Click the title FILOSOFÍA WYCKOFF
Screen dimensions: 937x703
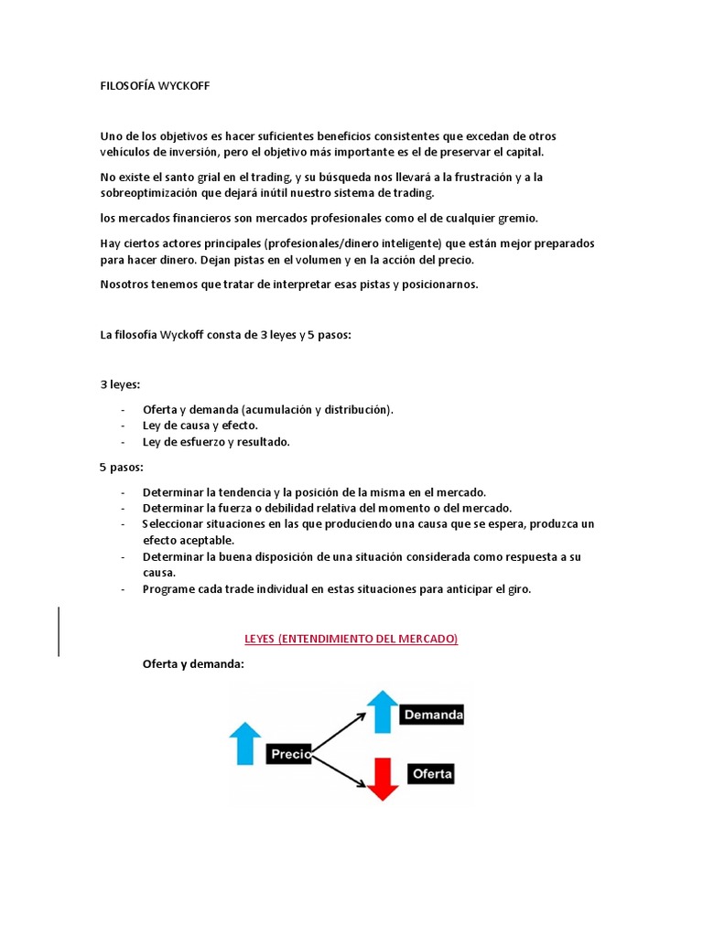[x=155, y=85]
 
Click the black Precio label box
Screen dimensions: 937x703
[x=289, y=755]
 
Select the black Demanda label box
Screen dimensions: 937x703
[x=432, y=714]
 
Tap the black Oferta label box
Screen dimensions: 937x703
[x=431, y=774]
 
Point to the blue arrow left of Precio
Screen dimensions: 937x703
[x=244, y=743]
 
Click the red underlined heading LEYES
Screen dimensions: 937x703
[x=350, y=639]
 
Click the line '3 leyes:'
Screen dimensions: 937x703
[x=120, y=384]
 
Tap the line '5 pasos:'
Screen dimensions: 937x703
[x=122, y=468]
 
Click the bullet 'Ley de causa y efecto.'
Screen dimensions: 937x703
[x=200, y=425]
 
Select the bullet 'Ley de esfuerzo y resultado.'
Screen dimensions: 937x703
[x=216, y=442]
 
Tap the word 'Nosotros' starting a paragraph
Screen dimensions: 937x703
[x=125, y=284]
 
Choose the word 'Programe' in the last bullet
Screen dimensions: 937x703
[x=169, y=589]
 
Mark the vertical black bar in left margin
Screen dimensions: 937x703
[x=59, y=631]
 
